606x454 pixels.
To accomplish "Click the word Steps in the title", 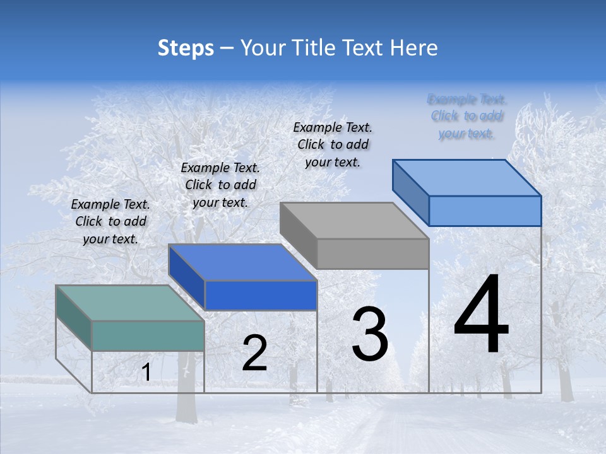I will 185,48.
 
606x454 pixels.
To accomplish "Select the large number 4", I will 481,315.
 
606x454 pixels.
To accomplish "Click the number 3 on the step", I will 370,334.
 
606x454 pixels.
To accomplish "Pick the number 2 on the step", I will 254,354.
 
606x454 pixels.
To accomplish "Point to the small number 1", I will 146,373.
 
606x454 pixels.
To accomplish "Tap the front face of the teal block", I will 148,335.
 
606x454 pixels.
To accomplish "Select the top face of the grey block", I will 353,221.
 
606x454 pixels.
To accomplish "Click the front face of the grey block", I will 372,253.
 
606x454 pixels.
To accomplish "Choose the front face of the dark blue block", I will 261,295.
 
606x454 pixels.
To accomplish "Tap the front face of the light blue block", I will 485,211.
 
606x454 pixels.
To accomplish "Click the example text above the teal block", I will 110,221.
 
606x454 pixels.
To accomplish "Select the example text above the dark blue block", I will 220,185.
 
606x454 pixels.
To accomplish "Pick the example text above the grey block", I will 333,144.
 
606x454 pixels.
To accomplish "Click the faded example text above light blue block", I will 466,116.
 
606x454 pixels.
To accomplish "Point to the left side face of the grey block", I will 298,235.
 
